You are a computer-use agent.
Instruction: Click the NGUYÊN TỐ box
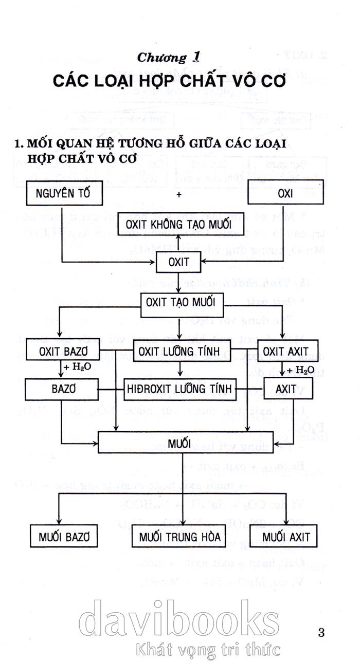click(x=62, y=194)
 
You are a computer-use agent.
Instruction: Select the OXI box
click(x=285, y=194)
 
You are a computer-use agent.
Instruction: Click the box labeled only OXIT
click(x=178, y=263)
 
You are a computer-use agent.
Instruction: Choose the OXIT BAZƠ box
click(x=63, y=352)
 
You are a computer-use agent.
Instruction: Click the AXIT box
click(x=286, y=389)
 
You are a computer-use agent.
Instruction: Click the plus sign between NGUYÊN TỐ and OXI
click(x=179, y=195)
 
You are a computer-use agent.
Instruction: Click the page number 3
click(x=321, y=632)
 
